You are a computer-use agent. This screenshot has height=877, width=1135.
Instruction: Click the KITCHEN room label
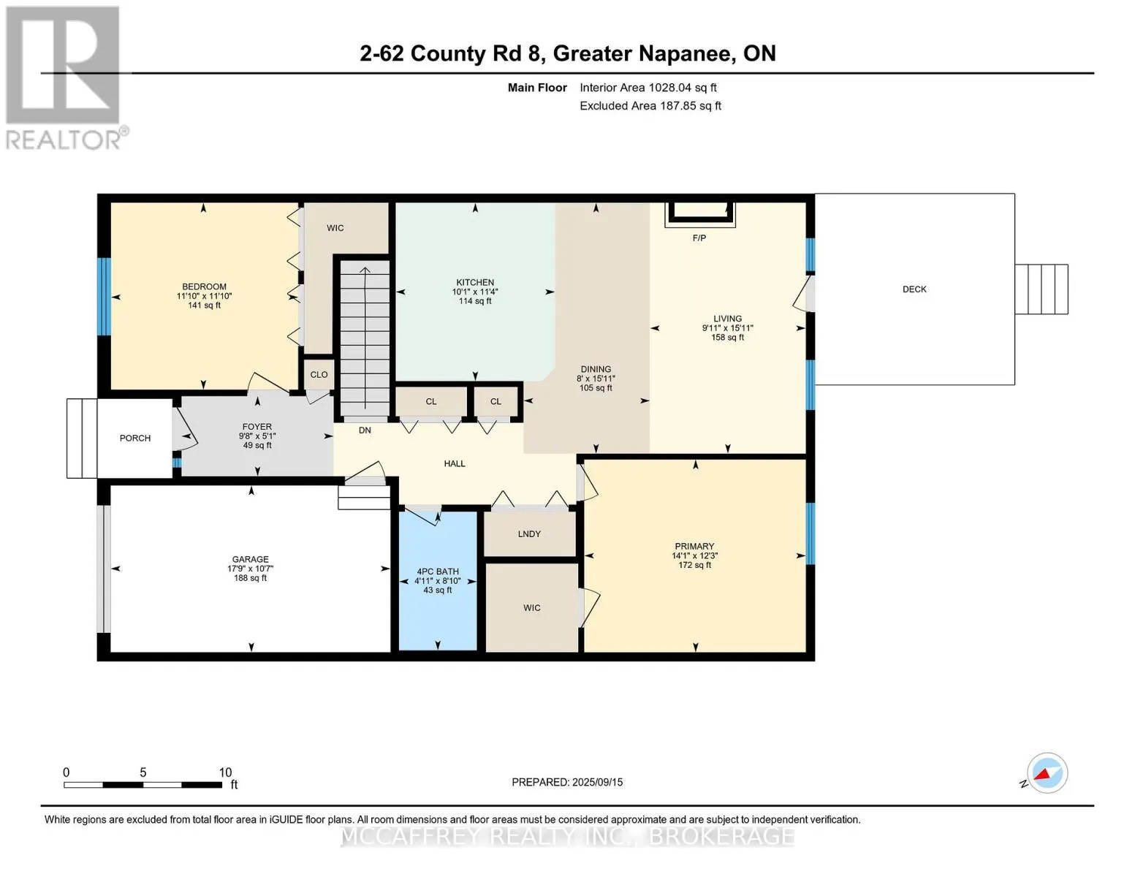click(475, 282)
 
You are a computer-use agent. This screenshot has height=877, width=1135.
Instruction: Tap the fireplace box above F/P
click(700, 214)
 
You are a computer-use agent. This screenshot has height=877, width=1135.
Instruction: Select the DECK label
click(914, 289)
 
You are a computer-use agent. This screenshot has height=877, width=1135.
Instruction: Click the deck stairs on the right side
click(1041, 289)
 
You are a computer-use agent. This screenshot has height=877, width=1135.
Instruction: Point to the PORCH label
click(134, 438)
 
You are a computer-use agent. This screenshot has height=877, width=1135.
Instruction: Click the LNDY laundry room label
click(529, 534)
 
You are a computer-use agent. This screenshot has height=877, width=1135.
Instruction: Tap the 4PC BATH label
click(438, 572)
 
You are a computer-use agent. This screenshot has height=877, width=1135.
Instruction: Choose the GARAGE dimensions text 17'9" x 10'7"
click(250, 569)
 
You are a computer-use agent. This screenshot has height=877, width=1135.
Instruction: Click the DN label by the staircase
click(365, 430)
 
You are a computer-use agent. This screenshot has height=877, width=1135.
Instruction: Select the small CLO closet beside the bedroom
click(319, 374)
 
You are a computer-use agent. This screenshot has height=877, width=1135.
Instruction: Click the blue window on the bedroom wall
click(105, 296)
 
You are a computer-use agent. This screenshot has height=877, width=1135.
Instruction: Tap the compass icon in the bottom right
click(1047, 773)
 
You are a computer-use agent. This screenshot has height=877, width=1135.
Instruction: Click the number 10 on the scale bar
click(225, 772)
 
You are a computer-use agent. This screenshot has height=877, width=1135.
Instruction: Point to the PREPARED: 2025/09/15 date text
click(567, 783)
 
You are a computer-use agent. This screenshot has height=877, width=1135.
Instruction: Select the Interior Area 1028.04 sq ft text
click(648, 88)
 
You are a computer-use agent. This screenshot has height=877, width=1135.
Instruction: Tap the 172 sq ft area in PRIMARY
click(694, 565)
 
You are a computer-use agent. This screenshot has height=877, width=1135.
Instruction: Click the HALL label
click(455, 464)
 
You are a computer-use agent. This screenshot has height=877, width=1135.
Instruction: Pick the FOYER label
click(257, 427)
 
